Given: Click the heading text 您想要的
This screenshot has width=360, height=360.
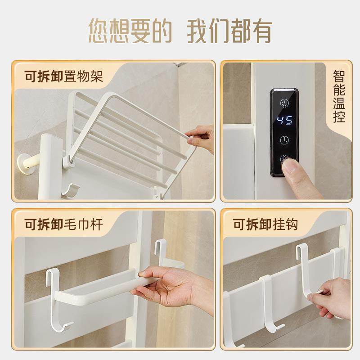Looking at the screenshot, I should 130,31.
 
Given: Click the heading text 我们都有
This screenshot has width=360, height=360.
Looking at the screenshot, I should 229,31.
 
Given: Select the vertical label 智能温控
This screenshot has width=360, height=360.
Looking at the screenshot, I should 339,96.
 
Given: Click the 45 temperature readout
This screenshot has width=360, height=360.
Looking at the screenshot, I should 284,121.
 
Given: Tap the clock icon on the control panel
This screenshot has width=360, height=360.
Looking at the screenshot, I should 284,140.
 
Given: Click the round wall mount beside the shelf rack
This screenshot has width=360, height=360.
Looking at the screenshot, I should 25,165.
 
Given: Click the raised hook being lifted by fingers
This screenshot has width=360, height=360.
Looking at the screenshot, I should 306,265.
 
